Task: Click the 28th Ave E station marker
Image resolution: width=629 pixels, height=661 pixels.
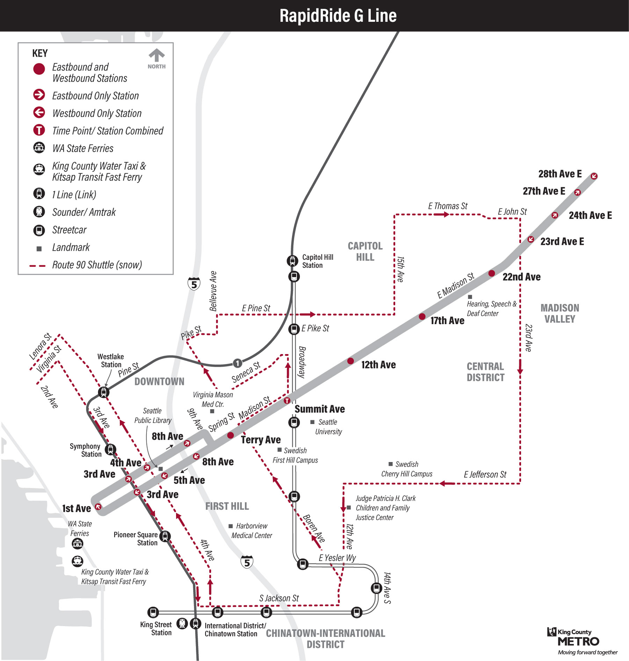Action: coord(594,176)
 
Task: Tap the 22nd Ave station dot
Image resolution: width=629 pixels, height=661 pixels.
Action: coord(492,273)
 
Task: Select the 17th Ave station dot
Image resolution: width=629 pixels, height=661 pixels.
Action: coord(422,317)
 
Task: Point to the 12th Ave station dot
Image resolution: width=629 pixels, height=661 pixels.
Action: coord(350,361)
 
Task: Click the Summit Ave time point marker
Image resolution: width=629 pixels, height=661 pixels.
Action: coord(287,401)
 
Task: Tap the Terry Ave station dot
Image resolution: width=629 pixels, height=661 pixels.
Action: coord(231,435)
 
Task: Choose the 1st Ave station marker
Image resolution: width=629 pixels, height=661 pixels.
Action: coord(98,506)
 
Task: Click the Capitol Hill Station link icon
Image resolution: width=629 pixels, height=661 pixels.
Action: coord(292,260)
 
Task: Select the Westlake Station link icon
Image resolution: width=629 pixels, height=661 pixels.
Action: coord(103,392)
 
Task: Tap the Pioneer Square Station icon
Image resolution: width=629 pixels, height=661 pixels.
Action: coord(165,536)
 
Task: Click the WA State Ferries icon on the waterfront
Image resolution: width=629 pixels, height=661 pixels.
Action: coord(78,544)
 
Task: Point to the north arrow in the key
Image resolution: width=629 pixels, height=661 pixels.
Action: coord(157,55)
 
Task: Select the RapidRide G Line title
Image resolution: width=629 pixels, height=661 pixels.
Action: coord(338,16)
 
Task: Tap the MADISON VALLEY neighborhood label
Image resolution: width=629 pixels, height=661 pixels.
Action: coord(560,314)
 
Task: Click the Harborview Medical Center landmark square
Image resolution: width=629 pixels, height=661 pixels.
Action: coord(231,526)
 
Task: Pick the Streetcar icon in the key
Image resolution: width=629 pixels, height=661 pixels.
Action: coord(39,230)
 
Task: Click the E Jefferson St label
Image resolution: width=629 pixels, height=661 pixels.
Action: coord(485,474)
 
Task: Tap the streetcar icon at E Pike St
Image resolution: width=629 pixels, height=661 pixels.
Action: coord(294,329)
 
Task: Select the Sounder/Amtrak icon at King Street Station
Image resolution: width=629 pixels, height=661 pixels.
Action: coord(182,623)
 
